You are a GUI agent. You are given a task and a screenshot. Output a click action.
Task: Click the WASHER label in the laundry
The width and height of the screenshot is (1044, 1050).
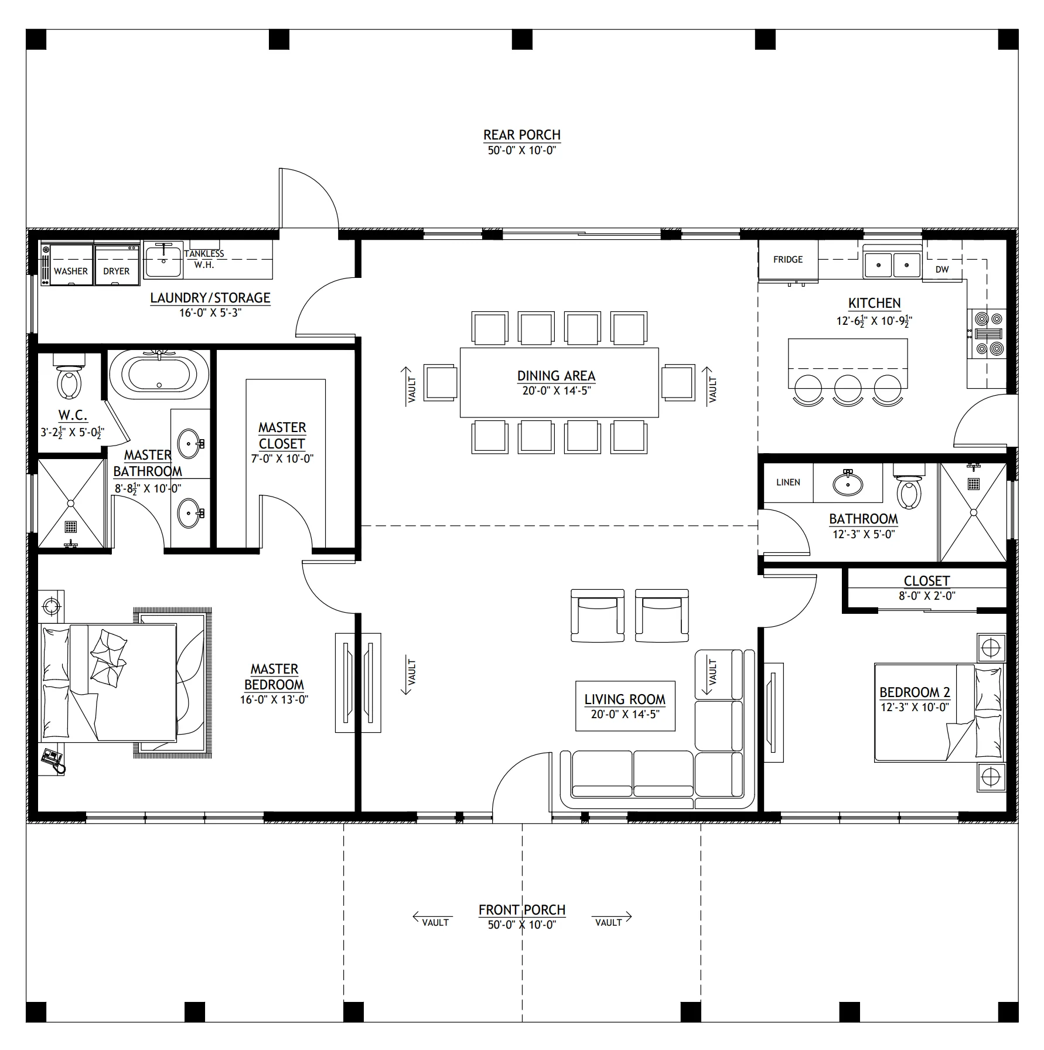pyautogui.click(x=71, y=271)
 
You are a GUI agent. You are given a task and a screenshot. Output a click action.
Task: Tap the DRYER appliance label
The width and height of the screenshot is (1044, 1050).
pyautogui.click(x=117, y=271)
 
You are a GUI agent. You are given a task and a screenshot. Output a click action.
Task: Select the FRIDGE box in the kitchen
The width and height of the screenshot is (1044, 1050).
pyautogui.click(x=788, y=259)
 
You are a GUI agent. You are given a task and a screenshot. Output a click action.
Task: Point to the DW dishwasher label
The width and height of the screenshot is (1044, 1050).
pyautogui.click(x=942, y=270)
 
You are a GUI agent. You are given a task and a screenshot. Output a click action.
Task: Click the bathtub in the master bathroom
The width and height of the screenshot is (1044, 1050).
pyautogui.click(x=159, y=372)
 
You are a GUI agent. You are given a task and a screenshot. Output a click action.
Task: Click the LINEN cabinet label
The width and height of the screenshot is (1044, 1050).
pyautogui.click(x=788, y=482)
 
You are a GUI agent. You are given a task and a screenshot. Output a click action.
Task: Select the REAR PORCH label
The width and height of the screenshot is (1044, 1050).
pyautogui.click(x=522, y=135)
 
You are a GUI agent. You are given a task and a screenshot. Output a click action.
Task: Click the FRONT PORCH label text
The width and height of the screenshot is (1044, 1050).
pyautogui.click(x=522, y=910)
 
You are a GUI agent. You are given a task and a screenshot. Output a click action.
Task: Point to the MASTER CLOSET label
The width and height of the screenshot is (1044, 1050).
pyautogui.click(x=282, y=436)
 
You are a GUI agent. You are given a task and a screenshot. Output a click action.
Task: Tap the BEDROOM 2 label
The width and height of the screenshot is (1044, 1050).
pyautogui.click(x=915, y=692)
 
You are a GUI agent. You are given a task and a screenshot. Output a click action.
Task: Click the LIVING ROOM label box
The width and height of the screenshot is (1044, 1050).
pyautogui.click(x=625, y=706)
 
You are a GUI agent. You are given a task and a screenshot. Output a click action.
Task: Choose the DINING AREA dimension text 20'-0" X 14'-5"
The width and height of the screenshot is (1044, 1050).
pyautogui.click(x=557, y=391)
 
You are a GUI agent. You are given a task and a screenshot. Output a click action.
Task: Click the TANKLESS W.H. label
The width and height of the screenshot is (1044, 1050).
pyautogui.click(x=204, y=259)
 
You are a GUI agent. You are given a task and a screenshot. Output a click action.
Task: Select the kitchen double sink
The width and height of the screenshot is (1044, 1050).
pyautogui.click(x=892, y=264)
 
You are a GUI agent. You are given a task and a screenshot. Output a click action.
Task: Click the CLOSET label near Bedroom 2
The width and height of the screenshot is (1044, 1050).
pyautogui.click(x=927, y=581)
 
